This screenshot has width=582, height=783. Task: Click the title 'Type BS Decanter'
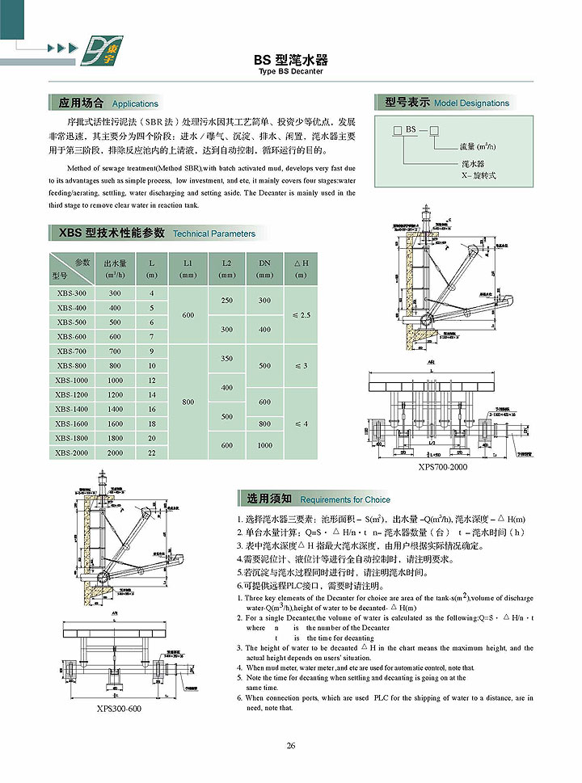[x=291, y=72]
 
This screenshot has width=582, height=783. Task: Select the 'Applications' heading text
[x=135, y=104]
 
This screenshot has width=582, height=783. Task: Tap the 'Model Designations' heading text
[x=471, y=103]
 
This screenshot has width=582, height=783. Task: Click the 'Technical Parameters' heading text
[x=214, y=234]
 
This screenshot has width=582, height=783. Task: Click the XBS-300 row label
[x=72, y=293]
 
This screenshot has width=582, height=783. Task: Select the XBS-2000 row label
[x=72, y=453]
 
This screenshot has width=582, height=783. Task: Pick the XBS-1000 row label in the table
[x=72, y=381]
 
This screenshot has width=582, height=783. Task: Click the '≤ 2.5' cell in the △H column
[x=301, y=315]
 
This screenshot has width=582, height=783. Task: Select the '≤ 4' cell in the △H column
[x=301, y=423]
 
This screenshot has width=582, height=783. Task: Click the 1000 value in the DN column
[x=264, y=445]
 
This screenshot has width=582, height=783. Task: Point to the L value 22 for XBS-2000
[x=151, y=453]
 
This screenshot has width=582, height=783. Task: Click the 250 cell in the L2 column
[x=226, y=301]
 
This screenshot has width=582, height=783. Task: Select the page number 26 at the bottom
[x=290, y=746]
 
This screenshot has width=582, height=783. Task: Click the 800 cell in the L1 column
[x=188, y=402]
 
